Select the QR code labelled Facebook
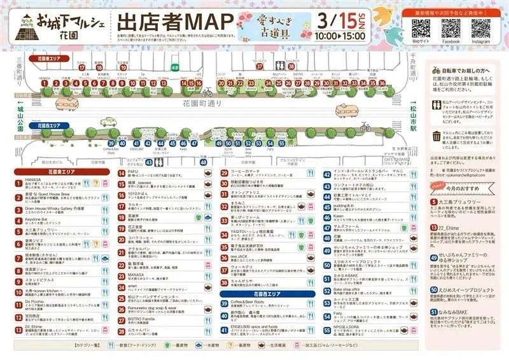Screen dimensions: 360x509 pyautogui.click(x=450, y=29)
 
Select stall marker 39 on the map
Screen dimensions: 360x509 pyautogui.click(x=112, y=143)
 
